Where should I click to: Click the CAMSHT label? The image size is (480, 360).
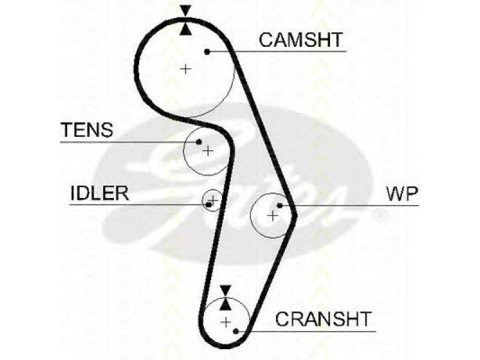click(301, 40)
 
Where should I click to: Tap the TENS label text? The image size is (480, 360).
click(87, 130)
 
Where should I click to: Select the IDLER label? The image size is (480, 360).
click(100, 193)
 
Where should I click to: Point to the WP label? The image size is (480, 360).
click(402, 193)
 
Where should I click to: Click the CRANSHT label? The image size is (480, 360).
click(323, 319)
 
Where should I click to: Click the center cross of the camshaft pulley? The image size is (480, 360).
click(185, 68)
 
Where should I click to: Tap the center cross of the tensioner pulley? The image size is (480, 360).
click(208, 151)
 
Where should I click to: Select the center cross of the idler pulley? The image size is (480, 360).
click(214, 200)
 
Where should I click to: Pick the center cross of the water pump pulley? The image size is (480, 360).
click(272, 216)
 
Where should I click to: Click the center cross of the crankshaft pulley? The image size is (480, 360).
click(226, 322)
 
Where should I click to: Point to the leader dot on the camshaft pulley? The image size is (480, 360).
click(207, 52)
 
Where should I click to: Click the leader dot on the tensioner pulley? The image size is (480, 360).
click(199, 142)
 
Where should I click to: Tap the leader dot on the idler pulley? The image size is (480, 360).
click(209, 205)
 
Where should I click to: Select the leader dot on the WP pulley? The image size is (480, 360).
click(280, 205)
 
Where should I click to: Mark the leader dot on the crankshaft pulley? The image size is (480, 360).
click(235, 331)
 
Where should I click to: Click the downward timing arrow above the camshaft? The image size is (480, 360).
click(185, 11)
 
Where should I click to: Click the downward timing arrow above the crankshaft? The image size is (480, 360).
click(226, 291)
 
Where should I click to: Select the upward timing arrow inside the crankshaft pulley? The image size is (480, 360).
click(226, 304)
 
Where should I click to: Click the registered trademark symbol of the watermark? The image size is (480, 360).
click(380, 215)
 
